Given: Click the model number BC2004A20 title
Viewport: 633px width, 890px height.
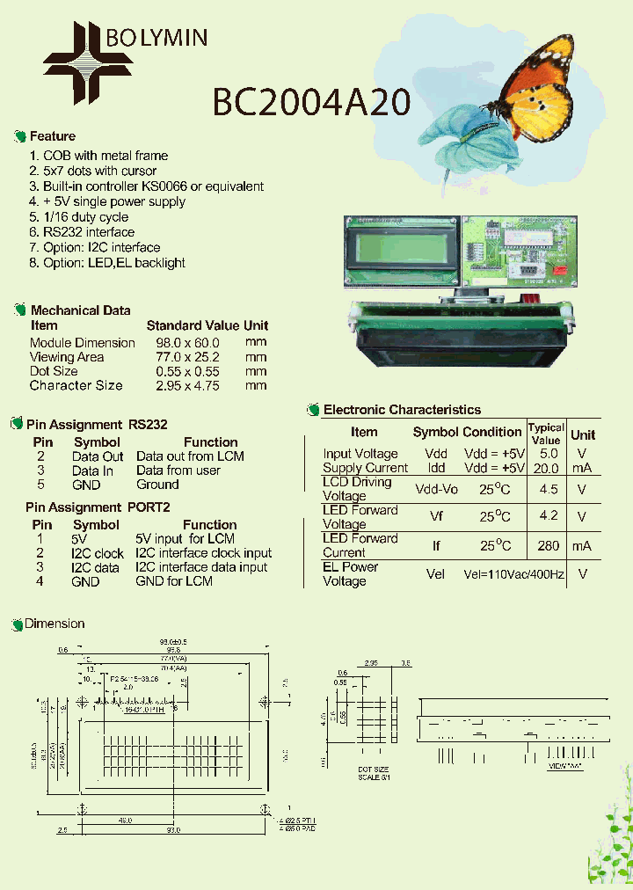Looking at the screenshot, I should point(311,103).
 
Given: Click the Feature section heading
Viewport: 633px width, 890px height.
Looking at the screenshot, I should point(52,136).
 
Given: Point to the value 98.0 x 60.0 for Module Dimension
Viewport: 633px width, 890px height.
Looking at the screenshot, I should point(187,343).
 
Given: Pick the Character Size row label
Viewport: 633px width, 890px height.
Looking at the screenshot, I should point(76,385).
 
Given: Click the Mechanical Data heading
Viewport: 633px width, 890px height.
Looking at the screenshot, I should point(80,310).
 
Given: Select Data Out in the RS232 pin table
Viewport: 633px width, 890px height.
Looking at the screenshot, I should point(98,456).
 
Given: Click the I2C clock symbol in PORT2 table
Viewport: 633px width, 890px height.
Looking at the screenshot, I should point(98,553).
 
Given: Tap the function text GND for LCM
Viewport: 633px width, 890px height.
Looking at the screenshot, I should point(173,581).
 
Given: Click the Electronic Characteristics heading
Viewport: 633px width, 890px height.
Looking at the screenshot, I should point(402,410).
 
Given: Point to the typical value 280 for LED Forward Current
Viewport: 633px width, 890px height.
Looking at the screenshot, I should point(548,546).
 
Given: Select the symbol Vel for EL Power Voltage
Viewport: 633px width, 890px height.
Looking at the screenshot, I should point(436,574).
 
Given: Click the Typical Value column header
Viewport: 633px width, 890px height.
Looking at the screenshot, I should point(546,434).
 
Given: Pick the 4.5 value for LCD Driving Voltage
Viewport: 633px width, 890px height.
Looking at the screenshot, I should point(548,489).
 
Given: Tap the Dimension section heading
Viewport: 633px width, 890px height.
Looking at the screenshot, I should point(54,624).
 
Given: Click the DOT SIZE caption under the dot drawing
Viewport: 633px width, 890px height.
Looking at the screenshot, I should point(375,770).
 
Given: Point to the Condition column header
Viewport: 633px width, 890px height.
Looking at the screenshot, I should point(491,432).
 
